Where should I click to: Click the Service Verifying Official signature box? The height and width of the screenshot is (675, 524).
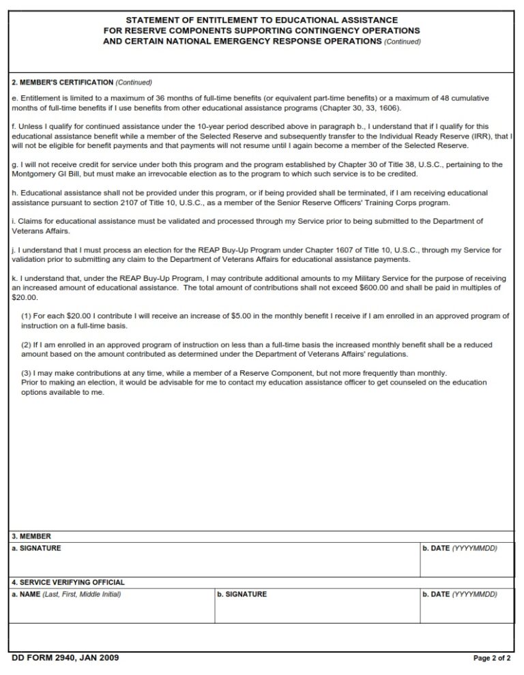click(x=317, y=609)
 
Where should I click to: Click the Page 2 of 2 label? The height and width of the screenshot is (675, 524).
click(x=491, y=659)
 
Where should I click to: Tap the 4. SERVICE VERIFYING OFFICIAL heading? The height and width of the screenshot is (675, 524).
click(x=68, y=582)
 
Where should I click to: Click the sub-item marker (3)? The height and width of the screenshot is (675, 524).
click(x=26, y=373)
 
